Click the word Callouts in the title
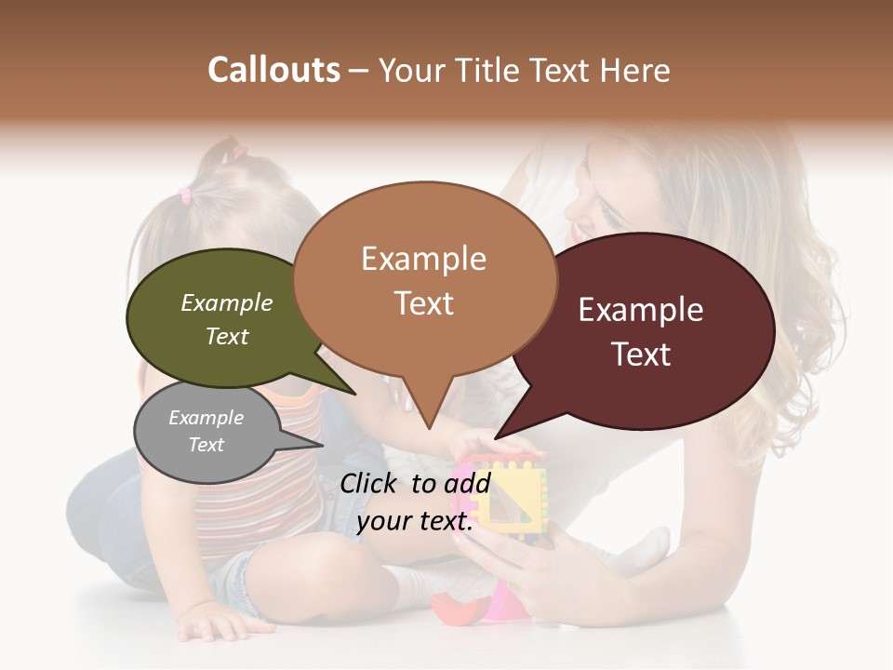(273, 70)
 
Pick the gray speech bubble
(207, 433)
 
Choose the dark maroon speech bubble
(651, 330)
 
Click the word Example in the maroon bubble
(641, 310)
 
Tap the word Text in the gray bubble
(207, 445)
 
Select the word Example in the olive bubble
(227, 303)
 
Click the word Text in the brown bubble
(424, 303)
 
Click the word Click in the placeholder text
(371, 483)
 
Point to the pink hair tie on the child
(184, 195)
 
